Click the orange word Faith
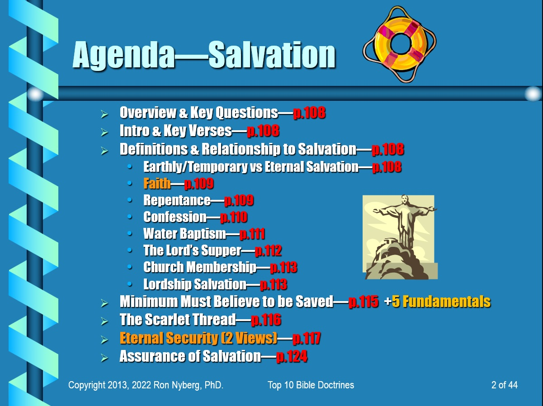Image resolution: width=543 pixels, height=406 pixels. (x=157, y=184)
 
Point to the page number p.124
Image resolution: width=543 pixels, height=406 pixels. (x=292, y=356)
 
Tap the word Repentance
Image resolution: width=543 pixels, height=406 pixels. (x=177, y=200)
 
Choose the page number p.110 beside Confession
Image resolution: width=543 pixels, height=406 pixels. (x=234, y=217)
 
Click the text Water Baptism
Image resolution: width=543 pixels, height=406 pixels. (x=184, y=234)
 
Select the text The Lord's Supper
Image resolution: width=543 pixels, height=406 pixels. (x=192, y=250)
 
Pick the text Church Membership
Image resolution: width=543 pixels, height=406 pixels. (x=199, y=267)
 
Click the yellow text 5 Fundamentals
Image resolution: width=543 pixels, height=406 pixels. (x=441, y=302)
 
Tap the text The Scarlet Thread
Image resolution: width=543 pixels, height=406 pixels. (x=178, y=320)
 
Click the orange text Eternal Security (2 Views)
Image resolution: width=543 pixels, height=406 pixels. (x=198, y=338)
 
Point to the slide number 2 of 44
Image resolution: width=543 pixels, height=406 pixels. (x=504, y=385)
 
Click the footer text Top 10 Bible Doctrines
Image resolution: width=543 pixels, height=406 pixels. (x=311, y=385)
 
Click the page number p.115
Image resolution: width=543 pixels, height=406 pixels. (x=364, y=302)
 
